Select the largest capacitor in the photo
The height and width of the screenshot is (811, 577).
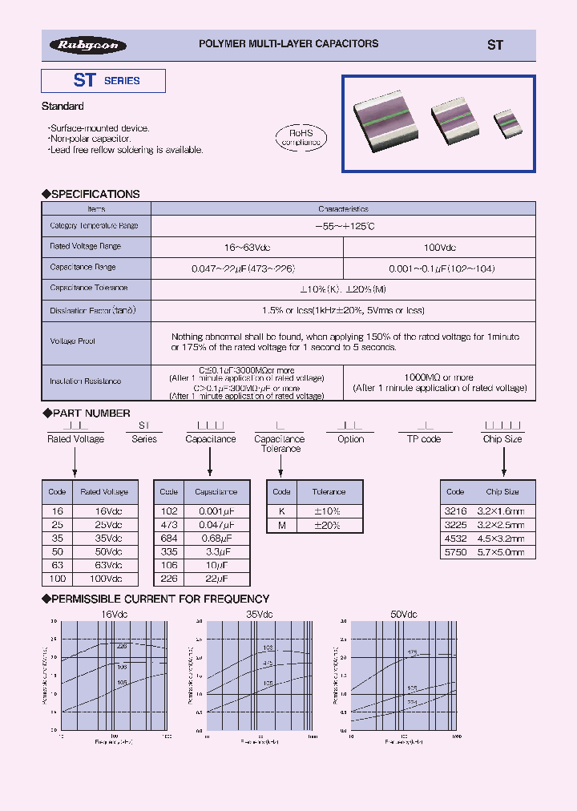[x=390, y=122]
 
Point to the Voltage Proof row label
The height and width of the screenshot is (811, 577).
[x=73, y=341]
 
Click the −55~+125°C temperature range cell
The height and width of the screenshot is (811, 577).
[x=344, y=227]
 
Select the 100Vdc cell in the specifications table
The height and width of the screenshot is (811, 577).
[x=440, y=248]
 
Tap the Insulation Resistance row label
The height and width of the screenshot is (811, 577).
[x=86, y=382]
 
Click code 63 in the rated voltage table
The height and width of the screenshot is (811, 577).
[x=58, y=565]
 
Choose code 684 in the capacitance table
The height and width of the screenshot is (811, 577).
[x=168, y=539]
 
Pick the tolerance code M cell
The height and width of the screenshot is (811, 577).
[x=281, y=525]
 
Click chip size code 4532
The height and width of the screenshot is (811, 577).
[x=455, y=539]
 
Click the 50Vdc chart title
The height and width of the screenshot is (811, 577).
[x=404, y=614]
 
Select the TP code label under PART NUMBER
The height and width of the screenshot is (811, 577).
[x=424, y=439]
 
